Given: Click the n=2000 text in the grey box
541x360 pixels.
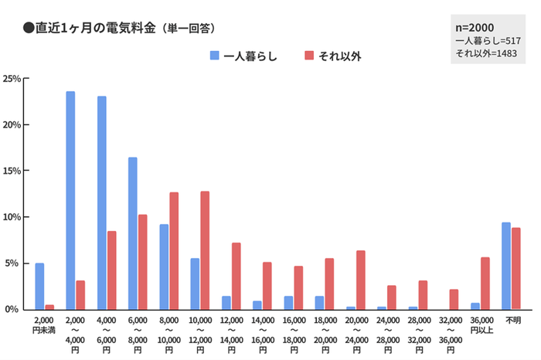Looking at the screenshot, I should click(x=476, y=28).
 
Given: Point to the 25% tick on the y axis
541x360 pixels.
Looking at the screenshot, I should click(x=14, y=79).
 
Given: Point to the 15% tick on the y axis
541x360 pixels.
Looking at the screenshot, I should click(x=14, y=171).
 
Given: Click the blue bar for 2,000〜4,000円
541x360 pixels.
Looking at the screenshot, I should click(x=70, y=200).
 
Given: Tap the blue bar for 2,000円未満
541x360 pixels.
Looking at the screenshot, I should click(x=39, y=286).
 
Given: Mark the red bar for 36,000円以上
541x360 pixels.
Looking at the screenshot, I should click(x=485, y=283).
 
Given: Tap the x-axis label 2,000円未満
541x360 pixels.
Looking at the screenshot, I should click(x=44, y=324).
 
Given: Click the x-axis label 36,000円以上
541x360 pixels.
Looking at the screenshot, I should click(x=480, y=324).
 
